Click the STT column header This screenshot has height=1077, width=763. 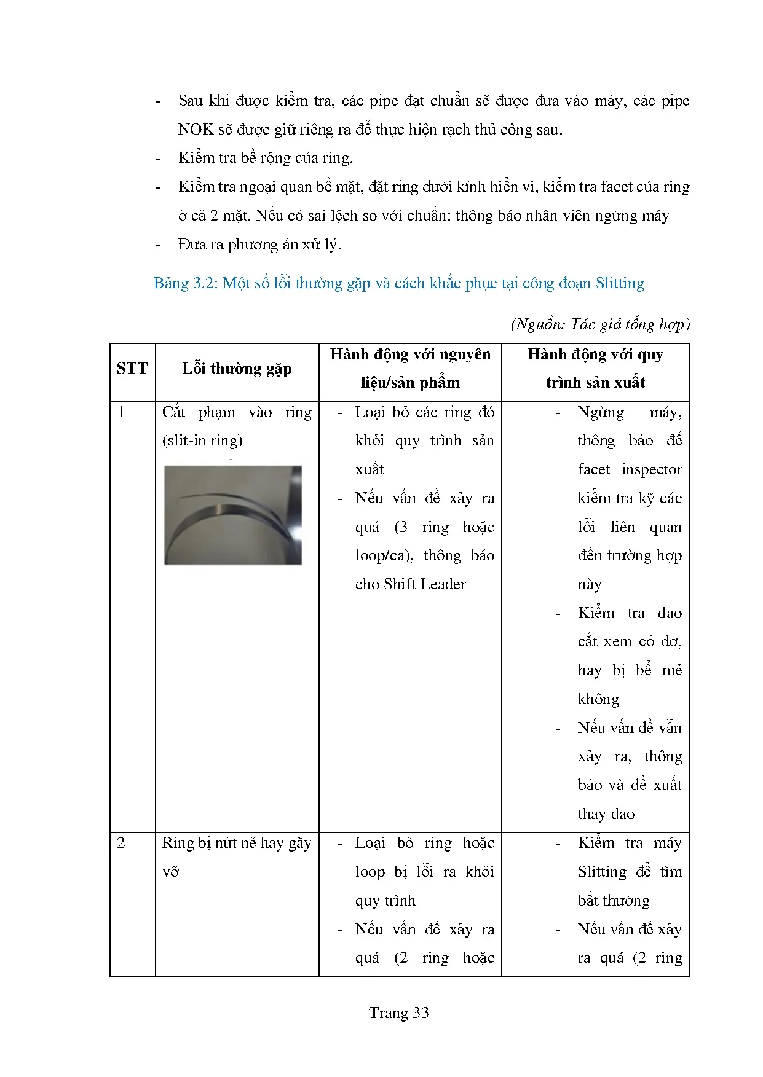point(132,369)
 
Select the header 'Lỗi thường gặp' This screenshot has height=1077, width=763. point(237,369)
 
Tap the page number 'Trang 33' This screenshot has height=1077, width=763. point(398,1013)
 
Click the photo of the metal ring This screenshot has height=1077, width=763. point(233,515)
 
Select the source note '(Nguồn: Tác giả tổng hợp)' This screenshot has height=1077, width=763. point(600,324)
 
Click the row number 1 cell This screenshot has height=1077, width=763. point(121,412)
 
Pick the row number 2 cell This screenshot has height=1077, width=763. point(121,843)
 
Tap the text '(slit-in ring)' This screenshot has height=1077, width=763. point(202,441)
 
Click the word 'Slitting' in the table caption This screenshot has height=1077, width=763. point(620,283)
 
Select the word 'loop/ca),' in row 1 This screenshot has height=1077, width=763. point(384,555)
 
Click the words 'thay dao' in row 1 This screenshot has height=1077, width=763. point(606,814)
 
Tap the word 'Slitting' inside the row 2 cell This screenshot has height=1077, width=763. point(602,872)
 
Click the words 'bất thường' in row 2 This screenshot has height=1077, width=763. point(614,901)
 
